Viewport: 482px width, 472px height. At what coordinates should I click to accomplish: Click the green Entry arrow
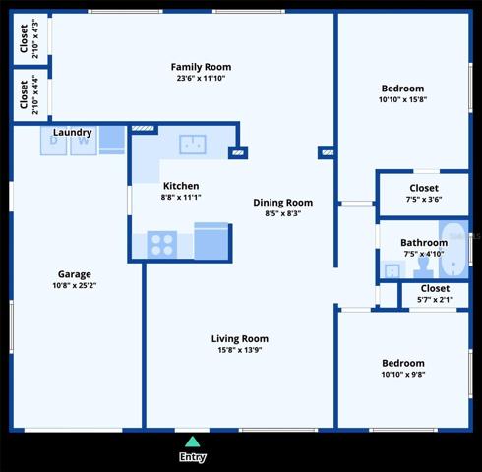coord(193,442)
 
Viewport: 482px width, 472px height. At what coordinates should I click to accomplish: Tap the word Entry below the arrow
coord(193,457)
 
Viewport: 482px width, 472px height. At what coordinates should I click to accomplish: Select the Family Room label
coord(201,67)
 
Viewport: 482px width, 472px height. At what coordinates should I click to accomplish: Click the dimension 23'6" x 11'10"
coord(201,78)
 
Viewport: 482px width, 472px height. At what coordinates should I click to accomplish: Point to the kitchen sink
coord(193,145)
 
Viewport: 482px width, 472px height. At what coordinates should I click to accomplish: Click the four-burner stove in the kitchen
coord(162,245)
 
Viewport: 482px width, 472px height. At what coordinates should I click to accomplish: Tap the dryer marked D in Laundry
coord(53,141)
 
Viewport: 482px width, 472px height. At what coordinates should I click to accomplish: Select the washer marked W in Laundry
coord(84,141)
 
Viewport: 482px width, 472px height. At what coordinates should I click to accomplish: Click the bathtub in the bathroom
coord(454,250)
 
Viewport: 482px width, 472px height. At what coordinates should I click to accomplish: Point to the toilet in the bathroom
coord(423,267)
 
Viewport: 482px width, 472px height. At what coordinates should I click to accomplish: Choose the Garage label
coord(75,274)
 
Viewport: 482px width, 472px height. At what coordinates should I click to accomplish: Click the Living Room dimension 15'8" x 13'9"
coord(240,350)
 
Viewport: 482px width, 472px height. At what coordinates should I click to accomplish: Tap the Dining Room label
coord(283,203)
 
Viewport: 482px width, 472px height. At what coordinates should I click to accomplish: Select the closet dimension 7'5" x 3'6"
coord(424,199)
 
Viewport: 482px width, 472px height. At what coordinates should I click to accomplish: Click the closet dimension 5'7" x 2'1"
coord(435,300)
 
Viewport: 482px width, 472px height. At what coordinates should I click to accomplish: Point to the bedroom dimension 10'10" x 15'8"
coord(402,99)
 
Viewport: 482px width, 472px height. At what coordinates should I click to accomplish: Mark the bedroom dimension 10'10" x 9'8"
coord(403,374)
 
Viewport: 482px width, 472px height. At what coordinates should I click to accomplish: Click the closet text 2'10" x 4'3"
coord(35,38)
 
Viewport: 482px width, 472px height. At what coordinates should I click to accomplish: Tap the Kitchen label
coord(181,186)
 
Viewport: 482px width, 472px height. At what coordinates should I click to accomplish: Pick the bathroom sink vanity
coord(392,269)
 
